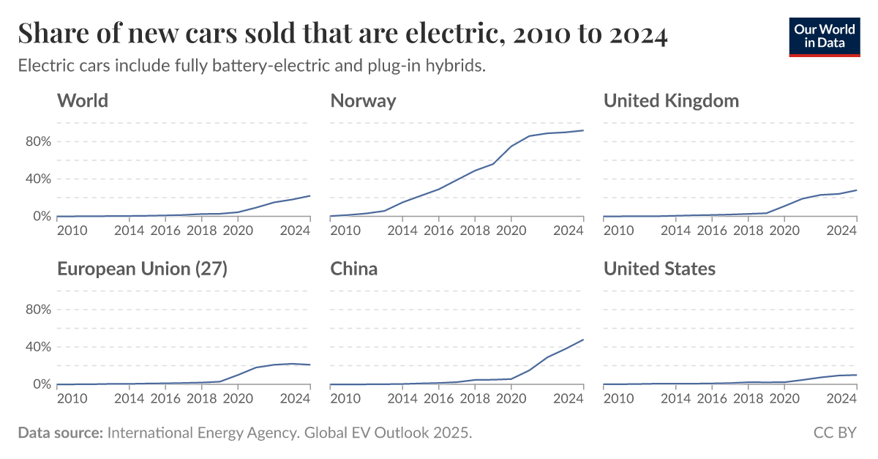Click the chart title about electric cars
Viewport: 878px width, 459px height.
342,34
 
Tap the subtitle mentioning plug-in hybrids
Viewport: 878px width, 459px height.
252,66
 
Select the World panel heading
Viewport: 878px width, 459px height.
83,100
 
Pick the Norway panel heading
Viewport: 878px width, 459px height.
363,100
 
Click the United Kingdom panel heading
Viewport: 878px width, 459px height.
671,100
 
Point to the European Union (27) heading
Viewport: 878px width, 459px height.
143,269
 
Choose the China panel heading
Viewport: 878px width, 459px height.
354,269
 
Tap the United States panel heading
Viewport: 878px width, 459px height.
659,269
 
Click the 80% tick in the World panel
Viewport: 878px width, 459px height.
37,141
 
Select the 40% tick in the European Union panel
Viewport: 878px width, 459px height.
37,347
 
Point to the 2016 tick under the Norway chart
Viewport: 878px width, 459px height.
438,231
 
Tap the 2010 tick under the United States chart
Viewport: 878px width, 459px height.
618,399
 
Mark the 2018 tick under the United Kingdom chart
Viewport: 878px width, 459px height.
748,231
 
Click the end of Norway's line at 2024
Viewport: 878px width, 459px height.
583,130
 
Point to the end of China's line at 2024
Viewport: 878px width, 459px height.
583,340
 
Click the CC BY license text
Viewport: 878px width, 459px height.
835,433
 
